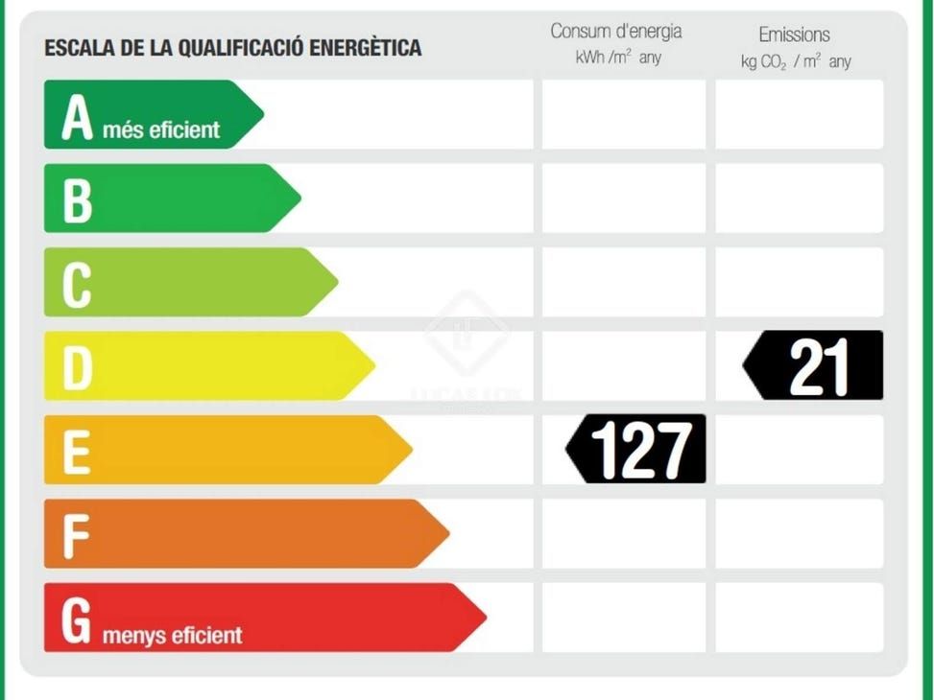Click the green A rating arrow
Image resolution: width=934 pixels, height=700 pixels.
pyautogui.click(x=144, y=114)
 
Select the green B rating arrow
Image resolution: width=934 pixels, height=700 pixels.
pyautogui.click(x=163, y=198)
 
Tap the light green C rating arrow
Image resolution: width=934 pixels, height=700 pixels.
pyautogui.click(x=182, y=282)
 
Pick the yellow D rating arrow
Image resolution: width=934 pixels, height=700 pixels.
pyautogui.click(x=202, y=365)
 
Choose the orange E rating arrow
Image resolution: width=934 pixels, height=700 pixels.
pyautogui.click(x=221, y=449)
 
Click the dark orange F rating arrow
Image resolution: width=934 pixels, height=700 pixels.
pyautogui.click(x=240, y=533)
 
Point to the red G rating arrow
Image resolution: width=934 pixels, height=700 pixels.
pyautogui.click(x=259, y=617)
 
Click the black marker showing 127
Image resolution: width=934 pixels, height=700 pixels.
pyautogui.click(x=637, y=449)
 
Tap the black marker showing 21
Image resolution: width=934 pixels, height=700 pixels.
pyautogui.click(x=814, y=365)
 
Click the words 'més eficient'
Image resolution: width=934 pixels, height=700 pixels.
pyautogui.click(x=160, y=129)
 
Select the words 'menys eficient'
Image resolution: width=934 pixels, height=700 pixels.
pyautogui.click(x=173, y=635)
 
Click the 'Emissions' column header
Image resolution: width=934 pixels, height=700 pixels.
pyautogui.click(x=795, y=35)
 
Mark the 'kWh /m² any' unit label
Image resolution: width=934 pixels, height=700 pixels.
pyautogui.click(x=619, y=58)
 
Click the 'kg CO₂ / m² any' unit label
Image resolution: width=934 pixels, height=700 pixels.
pyautogui.click(x=796, y=62)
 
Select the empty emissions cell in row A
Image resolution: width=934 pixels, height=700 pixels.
pyautogui.click(x=799, y=114)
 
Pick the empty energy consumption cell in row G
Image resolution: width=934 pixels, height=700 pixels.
pyautogui.click(x=624, y=617)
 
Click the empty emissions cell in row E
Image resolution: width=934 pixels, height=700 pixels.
pyautogui.click(x=799, y=449)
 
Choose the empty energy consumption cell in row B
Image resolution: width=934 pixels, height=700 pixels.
pyautogui.click(x=624, y=198)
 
